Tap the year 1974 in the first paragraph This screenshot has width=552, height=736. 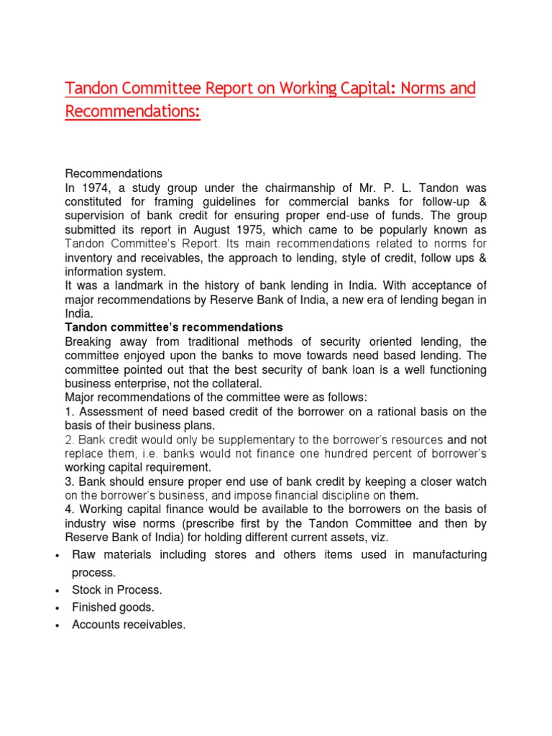tap(92, 189)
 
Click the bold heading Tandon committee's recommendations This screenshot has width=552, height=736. tap(174, 327)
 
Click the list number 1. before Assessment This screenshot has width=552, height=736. tap(70, 410)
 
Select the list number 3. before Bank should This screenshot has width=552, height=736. tap(70, 481)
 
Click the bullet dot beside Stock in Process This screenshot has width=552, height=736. tap(56, 591)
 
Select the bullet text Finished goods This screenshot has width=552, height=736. tap(113, 607)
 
